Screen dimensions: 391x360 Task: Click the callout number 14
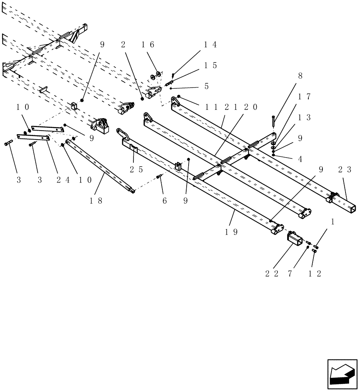pyautogui.click(x=210, y=45)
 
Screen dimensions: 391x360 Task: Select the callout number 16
pyautogui.click(x=148, y=45)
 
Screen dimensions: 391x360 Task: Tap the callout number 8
pyautogui.click(x=300, y=76)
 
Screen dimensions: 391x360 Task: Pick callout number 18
pyautogui.click(x=95, y=201)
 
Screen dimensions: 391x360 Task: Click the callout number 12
pyautogui.click(x=315, y=274)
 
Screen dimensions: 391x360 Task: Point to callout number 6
pyautogui.click(x=164, y=201)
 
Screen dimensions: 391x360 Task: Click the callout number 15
pyautogui.click(x=210, y=65)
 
